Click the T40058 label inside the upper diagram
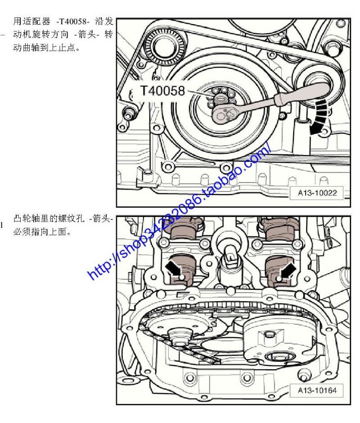162,91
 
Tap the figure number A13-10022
317,193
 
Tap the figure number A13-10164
317,390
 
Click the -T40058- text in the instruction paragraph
72,22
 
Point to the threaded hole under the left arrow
182,277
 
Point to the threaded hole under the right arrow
278,278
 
